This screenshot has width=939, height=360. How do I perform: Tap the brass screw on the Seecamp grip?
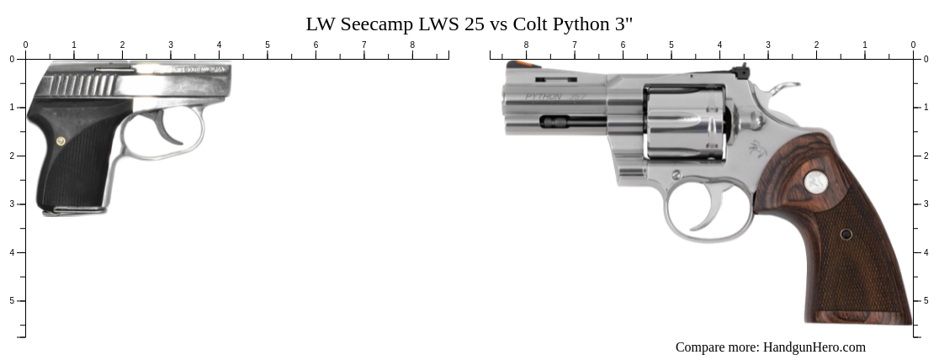[61, 140]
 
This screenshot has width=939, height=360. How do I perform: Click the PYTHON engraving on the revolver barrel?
[544, 98]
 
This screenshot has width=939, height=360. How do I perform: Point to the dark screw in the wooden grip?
[846, 234]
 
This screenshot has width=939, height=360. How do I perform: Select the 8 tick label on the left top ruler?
[412, 45]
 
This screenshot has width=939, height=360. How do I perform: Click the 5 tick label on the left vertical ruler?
[12, 300]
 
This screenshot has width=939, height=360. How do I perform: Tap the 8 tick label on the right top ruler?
[527, 45]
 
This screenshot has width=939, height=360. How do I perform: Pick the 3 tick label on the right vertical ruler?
[926, 204]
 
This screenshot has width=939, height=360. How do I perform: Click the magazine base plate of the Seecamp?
[74, 211]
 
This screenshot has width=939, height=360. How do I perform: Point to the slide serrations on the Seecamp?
[79, 85]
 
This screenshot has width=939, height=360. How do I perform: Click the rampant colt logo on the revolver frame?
[756, 151]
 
